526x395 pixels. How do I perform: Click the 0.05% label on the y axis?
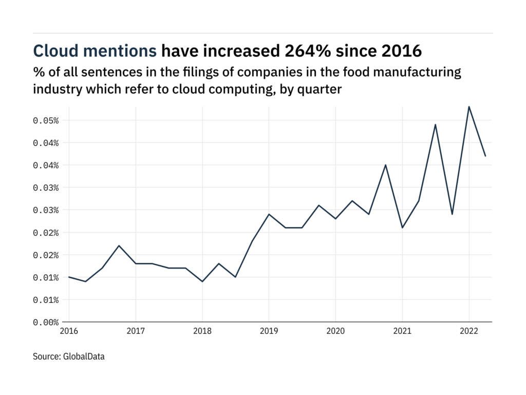click(46, 120)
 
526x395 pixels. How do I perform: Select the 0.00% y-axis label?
click(46, 322)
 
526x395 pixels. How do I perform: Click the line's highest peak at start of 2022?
click(469, 106)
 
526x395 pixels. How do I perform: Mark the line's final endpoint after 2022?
click(485, 156)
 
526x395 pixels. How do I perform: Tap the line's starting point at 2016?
click(69, 277)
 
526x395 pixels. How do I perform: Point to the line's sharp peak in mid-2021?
click(436, 124)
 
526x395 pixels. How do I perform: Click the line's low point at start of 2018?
click(202, 281)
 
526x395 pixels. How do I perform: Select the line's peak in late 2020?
click(386, 165)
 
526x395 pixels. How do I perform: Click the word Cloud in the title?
click(55, 50)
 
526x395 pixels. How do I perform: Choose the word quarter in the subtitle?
click(321, 88)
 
